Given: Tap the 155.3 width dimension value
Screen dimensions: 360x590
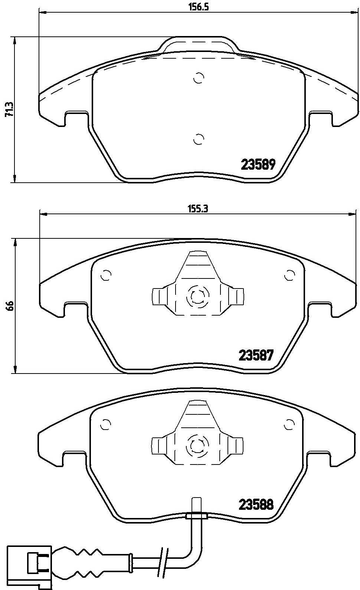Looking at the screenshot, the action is click(198, 209).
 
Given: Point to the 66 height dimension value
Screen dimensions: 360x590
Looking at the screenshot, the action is click(10, 306).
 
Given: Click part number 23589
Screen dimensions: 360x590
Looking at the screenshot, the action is click(258, 164).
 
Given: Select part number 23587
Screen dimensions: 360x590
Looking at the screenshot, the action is click(256, 355).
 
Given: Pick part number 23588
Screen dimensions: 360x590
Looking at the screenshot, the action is click(256, 505).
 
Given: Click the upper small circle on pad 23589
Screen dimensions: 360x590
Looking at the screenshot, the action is click(199, 78).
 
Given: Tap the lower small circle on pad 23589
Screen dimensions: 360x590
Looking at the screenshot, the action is click(199, 139).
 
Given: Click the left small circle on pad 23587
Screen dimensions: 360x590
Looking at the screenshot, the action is click(106, 275).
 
